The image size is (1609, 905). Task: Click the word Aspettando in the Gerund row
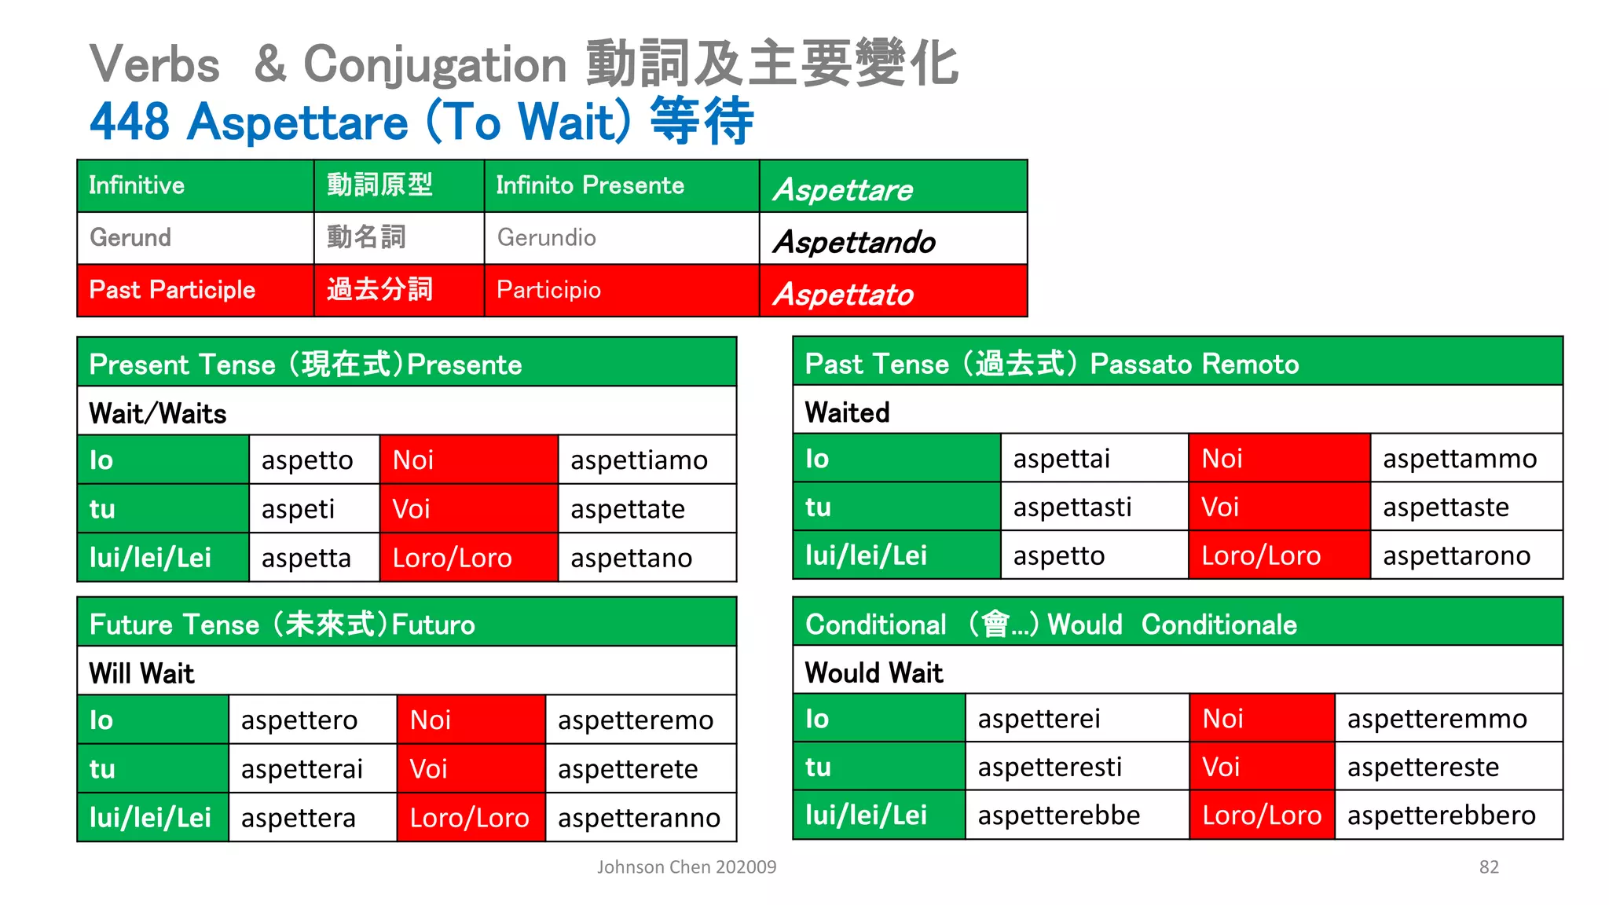click(x=854, y=242)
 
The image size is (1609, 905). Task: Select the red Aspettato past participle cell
click(x=892, y=292)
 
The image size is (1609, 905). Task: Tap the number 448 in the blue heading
click(x=130, y=122)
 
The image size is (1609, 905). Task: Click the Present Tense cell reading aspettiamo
click(x=639, y=460)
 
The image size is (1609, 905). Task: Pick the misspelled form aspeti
click(x=298, y=509)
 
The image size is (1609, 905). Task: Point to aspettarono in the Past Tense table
click(x=1456, y=556)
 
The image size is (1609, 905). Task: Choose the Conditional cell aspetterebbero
click(x=1441, y=815)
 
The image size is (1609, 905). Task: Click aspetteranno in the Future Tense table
click(x=639, y=818)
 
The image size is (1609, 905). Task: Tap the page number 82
click(x=1488, y=867)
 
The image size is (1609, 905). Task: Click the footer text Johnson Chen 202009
click(x=686, y=867)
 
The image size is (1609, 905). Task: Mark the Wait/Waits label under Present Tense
click(x=158, y=413)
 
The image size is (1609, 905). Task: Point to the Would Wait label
click(x=874, y=672)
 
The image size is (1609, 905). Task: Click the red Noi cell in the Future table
click(x=471, y=720)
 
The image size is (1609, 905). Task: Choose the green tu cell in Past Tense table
click(x=896, y=507)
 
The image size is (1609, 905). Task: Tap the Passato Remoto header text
click(x=1194, y=364)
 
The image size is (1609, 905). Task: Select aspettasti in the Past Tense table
click(x=1072, y=507)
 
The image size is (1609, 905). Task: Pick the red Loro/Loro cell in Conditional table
click(x=1261, y=815)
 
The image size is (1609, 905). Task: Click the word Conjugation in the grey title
click(x=434, y=64)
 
